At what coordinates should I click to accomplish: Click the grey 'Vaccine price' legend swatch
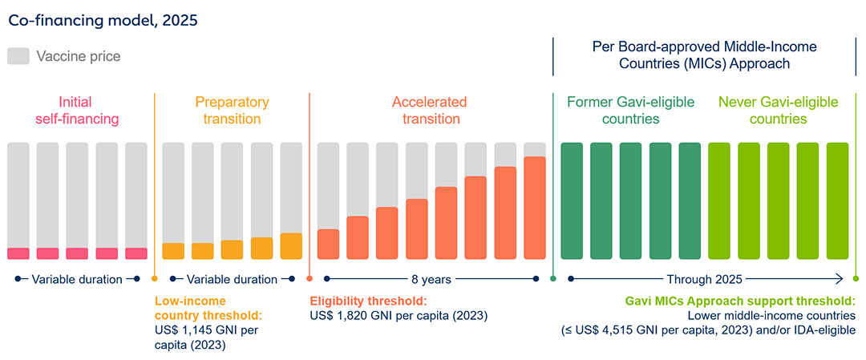tap(18, 56)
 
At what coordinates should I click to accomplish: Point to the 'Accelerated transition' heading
tap(429, 111)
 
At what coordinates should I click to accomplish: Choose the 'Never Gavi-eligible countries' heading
tap(778, 111)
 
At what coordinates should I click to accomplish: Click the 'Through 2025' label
tap(705, 280)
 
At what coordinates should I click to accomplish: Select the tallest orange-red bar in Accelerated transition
tap(534, 208)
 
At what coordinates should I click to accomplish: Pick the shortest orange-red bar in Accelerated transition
tap(328, 244)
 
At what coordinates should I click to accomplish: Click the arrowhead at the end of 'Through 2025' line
tap(840, 279)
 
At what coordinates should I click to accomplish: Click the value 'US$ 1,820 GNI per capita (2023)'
tap(399, 316)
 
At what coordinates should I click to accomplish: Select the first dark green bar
tap(572, 200)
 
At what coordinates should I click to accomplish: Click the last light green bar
tap(837, 200)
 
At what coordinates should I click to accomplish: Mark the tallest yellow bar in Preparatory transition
tap(291, 245)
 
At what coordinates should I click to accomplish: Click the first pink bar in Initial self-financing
tap(18, 253)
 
